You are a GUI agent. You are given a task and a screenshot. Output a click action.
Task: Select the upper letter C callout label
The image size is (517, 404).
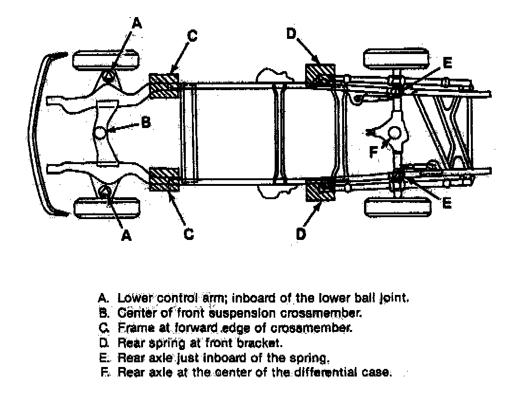tap(192, 36)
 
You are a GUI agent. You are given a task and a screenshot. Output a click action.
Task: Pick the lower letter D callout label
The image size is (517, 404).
tap(301, 234)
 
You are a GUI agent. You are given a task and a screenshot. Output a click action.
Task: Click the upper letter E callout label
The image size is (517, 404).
tap(447, 63)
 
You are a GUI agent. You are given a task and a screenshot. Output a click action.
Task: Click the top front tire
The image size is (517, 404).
tap(106, 60)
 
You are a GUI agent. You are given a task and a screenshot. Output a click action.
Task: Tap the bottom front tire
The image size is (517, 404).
tap(107, 208)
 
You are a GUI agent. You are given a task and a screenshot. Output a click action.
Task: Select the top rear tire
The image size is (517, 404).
tap(397, 59)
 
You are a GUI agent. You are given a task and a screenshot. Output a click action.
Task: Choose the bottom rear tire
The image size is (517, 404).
tap(398, 207)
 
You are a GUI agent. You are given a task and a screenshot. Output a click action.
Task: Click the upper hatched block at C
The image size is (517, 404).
tap(164, 86)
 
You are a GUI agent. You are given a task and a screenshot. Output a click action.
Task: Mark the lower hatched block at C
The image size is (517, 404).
tap(164, 179)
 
